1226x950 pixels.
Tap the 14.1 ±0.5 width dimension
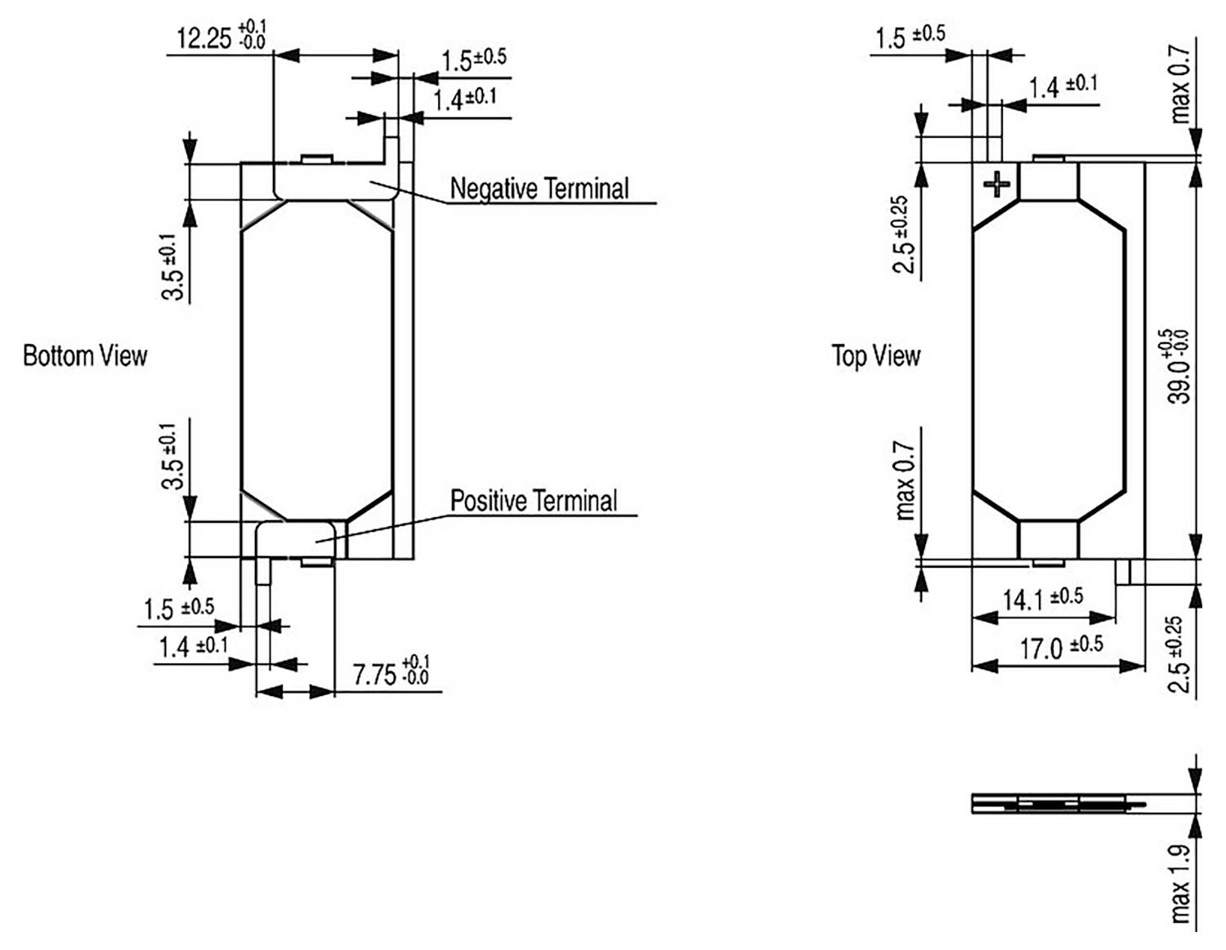tap(1042, 599)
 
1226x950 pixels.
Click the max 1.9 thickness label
tap(1179, 885)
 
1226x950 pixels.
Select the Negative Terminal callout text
tap(539, 189)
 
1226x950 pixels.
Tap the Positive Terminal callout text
tap(534, 501)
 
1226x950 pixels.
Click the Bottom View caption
tap(85, 356)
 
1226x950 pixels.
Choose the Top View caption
tap(875, 356)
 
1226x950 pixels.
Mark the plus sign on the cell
tap(996, 184)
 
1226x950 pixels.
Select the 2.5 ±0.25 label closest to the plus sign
tap(904, 234)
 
